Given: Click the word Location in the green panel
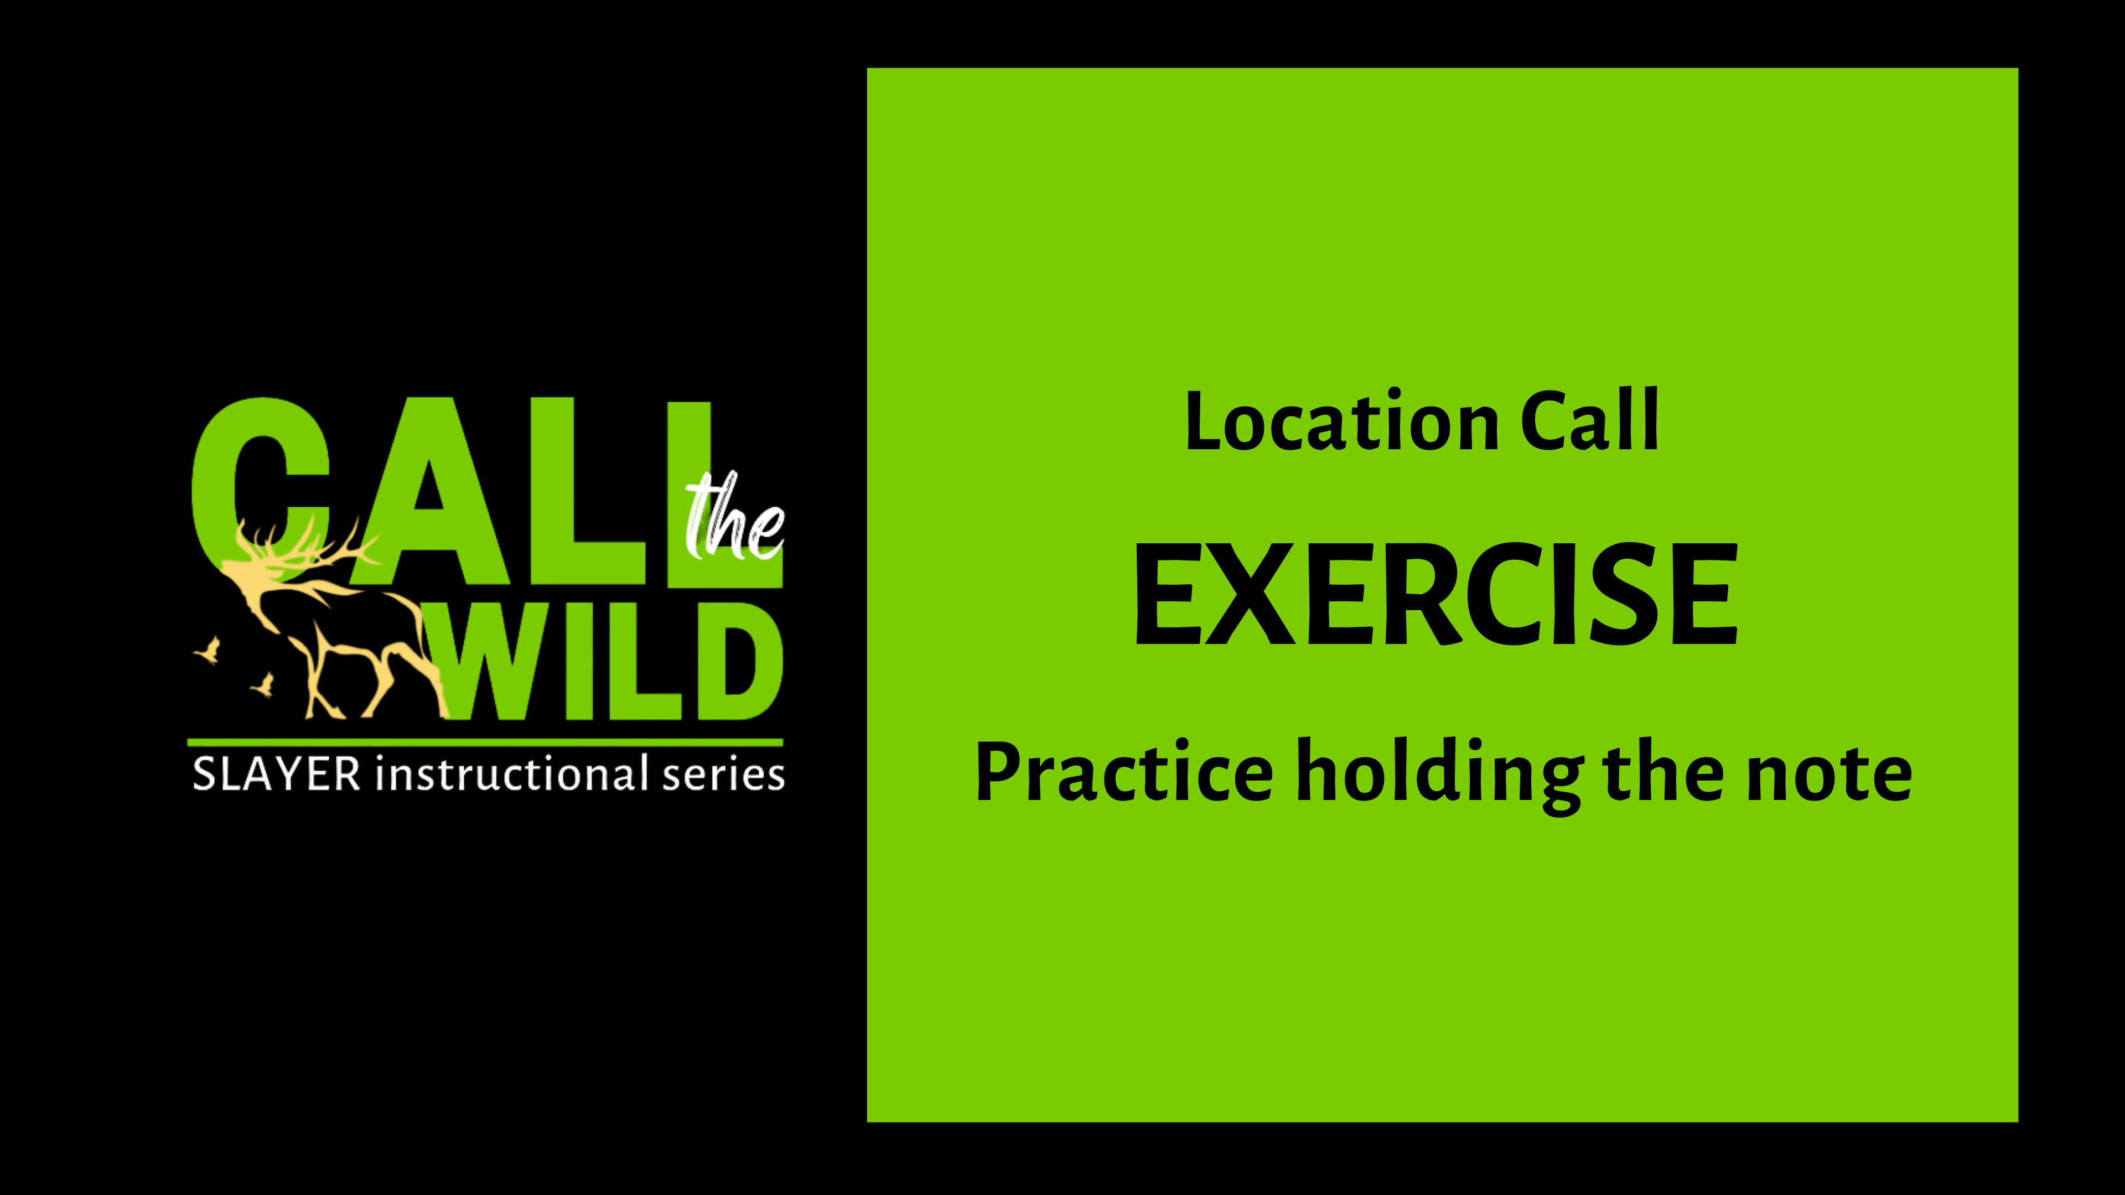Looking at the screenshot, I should [x=1341, y=422].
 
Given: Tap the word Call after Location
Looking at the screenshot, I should [x=1588, y=422].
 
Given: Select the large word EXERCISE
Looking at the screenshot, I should [x=1436, y=595].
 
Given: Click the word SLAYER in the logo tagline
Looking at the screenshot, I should [x=276, y=775].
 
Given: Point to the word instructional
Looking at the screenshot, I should [x=511, y=775].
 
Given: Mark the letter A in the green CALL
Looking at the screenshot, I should [x=429, y=495].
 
